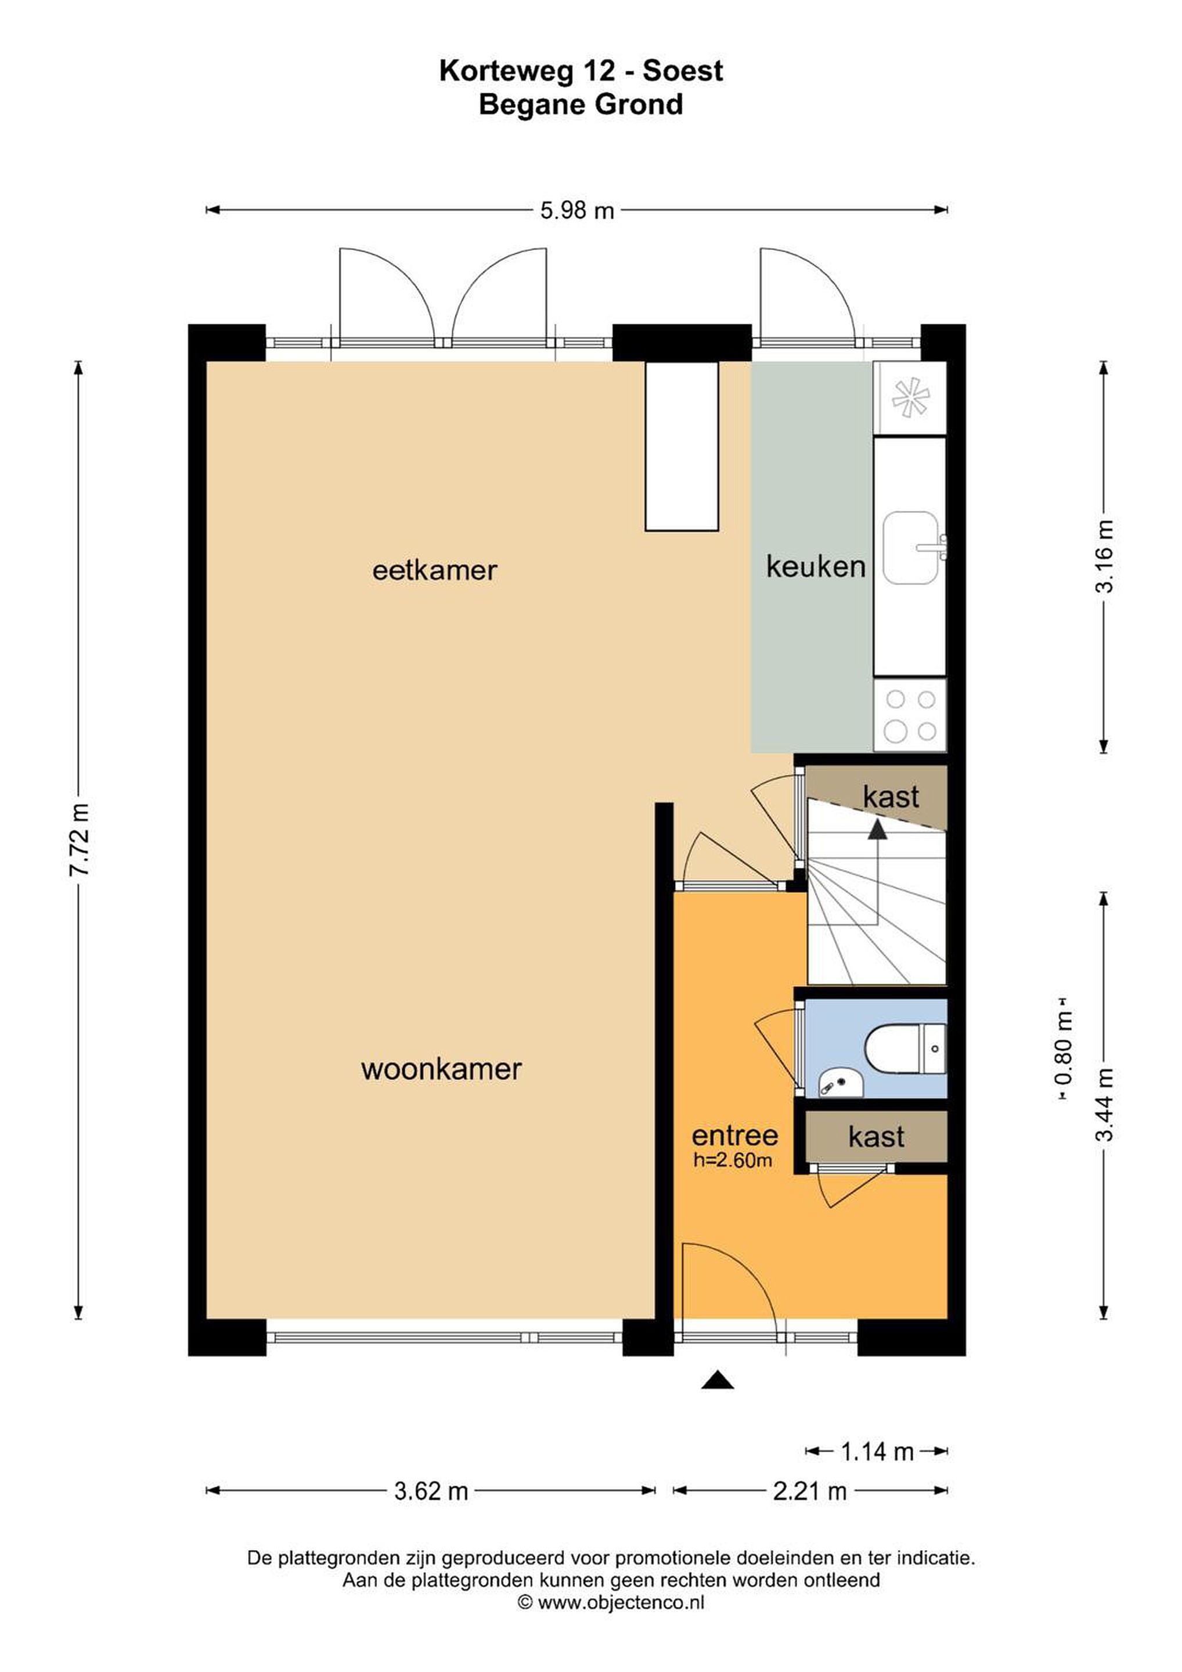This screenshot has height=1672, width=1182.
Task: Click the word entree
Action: pyautogui.click(x=734, y=1136)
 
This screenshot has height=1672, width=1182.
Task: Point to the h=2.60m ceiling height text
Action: pyautogui.click(x=733, y=1161)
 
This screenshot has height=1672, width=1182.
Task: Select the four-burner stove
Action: pyautogui.click(x=910, y=716)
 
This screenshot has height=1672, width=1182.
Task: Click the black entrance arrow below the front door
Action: pyautogui.click(x=718, y=1379)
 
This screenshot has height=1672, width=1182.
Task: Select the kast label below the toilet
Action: pyautogui.click(x=876, y=1137)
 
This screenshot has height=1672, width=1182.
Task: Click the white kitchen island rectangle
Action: pyautogui.click(x=682, y=446)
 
